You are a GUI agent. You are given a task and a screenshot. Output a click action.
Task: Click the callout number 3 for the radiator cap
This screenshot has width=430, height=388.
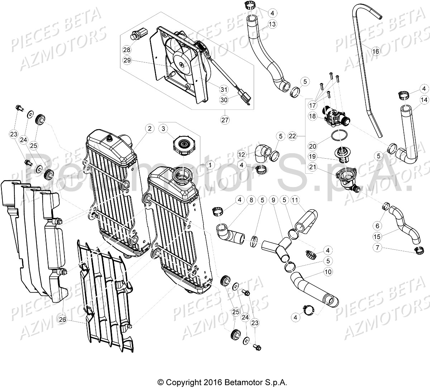pos(163,128)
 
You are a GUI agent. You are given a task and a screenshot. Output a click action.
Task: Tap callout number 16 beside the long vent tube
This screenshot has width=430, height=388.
pos(375,52)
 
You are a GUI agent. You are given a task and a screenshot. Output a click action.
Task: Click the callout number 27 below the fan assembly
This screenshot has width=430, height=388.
pos(225,120)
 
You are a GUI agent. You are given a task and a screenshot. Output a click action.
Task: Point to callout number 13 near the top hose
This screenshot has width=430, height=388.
pos(272,24)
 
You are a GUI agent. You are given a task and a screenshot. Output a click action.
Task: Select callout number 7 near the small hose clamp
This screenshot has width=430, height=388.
pos(377,247)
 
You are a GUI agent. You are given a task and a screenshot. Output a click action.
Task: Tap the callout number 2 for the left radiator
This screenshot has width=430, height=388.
pos(149,128)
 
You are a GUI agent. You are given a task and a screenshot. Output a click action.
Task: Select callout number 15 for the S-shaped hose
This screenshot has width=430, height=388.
pos(377,237)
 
